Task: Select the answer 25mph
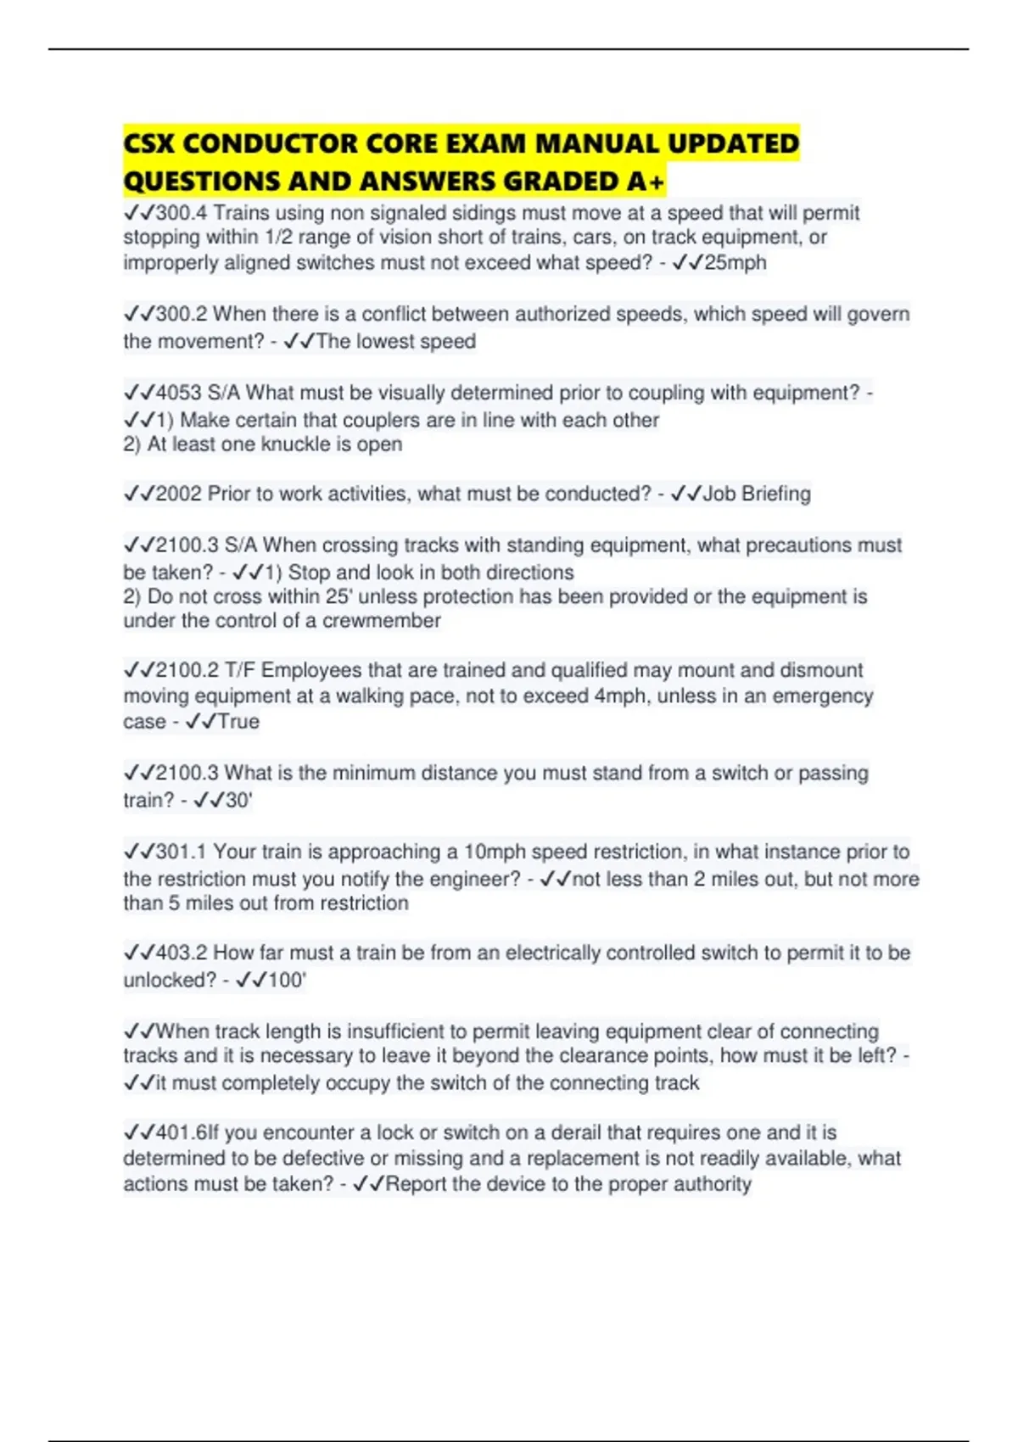(x=735, y=263)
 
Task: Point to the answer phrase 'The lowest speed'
(x=395, y=342)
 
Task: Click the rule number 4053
(x=178, y=393)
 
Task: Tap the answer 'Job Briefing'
(x=757, y=494)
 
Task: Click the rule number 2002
(x=178, y=494)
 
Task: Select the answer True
(x=238, y=722)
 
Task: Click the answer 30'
(x=238, y=801)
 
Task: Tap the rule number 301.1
(x=181, y=852)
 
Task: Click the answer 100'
(x=287, y=981)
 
